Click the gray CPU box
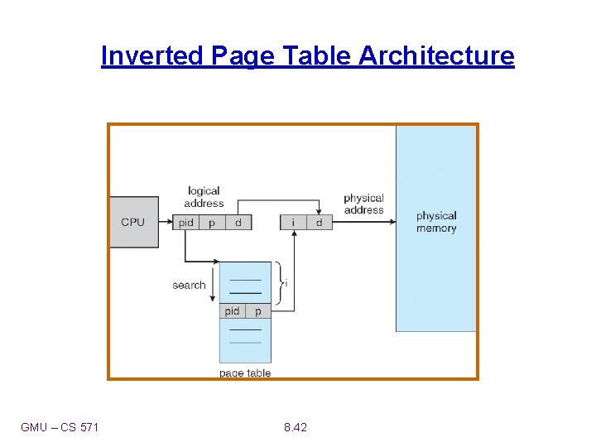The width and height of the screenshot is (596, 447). tap(132, 222)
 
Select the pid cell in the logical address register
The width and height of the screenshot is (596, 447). tap(186, 223)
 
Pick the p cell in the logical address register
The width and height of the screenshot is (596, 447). tap(212, 223)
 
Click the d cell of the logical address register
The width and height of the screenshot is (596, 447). tap(238, 223)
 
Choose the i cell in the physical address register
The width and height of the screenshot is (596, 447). tap(292, 223)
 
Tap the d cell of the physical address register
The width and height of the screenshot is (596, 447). tap(319, 223)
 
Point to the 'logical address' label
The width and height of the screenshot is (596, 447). tap(204, 197)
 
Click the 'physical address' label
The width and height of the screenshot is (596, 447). tap(363, 204)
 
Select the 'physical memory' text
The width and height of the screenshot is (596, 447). tap(436, 222)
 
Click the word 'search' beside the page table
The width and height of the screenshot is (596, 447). tap(189, 285)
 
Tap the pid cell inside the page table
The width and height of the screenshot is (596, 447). tap(232, 311)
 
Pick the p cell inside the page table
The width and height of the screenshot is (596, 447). tap(258, 311)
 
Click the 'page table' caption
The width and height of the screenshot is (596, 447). tap(245, 373)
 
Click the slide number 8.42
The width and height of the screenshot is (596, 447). tap(295, 427)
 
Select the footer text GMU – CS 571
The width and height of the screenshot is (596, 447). tap(60, 427)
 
